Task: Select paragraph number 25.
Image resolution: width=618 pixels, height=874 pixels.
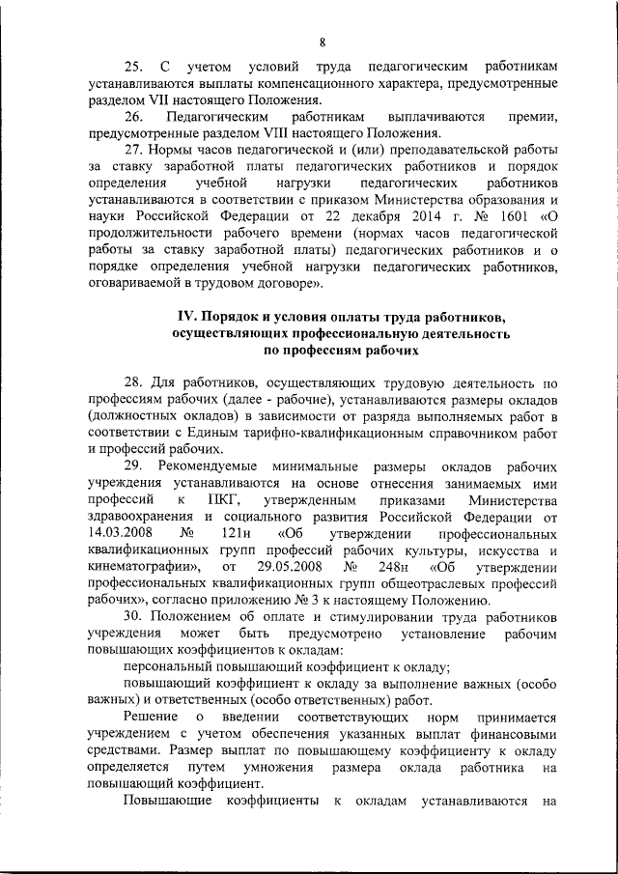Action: point(134,67)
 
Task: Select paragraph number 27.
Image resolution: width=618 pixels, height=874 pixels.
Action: point(134,149)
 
